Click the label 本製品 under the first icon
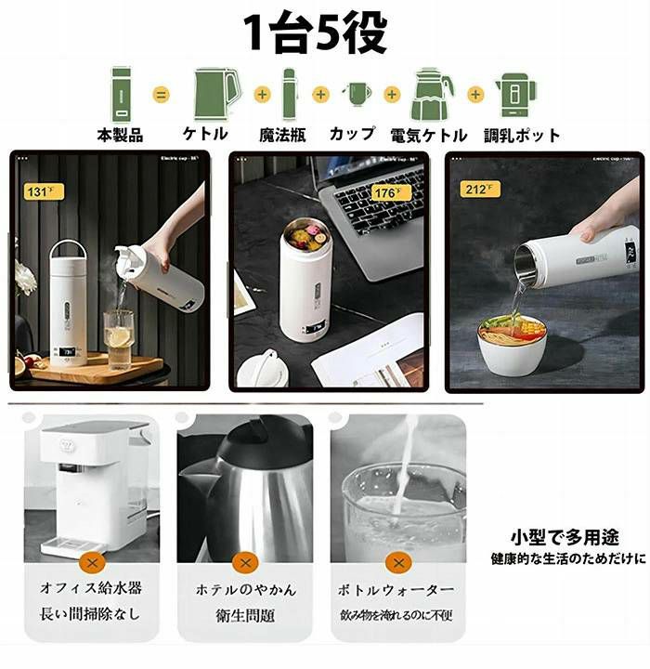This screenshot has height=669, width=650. point(121,135)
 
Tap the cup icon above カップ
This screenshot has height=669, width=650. point(357,94)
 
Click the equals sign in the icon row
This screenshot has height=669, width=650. point(162,94)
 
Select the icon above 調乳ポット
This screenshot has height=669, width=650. point(515,94)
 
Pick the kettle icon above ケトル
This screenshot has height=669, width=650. point(215,93)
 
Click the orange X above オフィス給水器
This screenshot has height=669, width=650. point(90,562)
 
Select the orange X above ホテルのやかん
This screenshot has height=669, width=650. point(245,562)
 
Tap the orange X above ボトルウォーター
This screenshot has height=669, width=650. point(398,562)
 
